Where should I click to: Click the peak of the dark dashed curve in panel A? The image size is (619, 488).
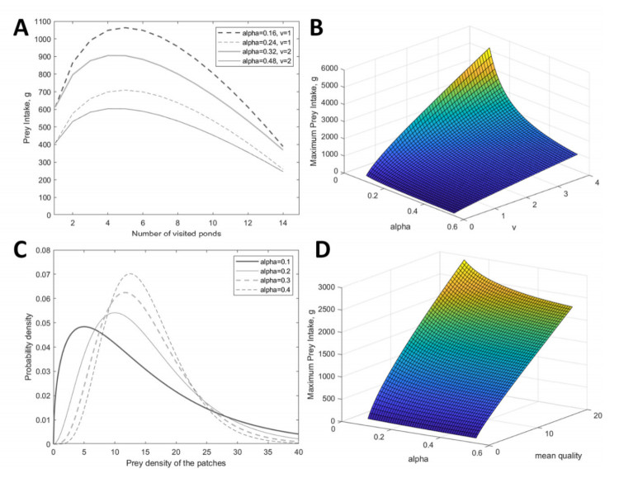[x=125, y=28]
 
